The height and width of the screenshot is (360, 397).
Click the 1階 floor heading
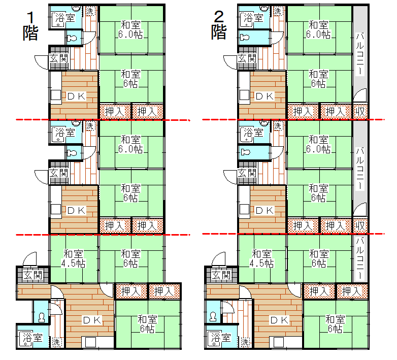click(x=30, y=26)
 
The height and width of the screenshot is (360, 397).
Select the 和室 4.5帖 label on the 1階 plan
click(x=74, y=258)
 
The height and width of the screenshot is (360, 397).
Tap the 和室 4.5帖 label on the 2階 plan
click(x=261, y=258)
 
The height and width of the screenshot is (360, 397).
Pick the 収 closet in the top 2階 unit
click(x=360, y=111)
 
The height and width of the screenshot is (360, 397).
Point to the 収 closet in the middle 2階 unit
click(x=360, y=225)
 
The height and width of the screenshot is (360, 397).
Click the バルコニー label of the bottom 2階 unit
click(x=360, y=258)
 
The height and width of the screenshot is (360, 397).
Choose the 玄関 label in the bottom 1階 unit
click(x=32, y=275)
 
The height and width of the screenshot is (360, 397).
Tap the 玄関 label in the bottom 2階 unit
click(x=221, y=275)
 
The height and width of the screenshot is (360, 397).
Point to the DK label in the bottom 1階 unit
click(x=92, y=320)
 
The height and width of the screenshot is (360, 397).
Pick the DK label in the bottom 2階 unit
click(x=280, y=320)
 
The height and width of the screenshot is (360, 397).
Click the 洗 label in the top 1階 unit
click(x=90, y=11)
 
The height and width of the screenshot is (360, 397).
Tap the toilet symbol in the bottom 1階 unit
click(x=42, y=317)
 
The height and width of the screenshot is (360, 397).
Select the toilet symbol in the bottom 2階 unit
click(x=213, y=317)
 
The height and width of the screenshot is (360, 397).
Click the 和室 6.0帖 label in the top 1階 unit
click(x=130, y=29)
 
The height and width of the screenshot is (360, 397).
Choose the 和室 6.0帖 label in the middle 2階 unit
click(x=318, y=144)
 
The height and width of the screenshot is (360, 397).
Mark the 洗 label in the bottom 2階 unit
click(x=245, y=342)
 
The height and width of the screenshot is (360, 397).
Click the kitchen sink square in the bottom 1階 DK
click(x=90, y=343)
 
